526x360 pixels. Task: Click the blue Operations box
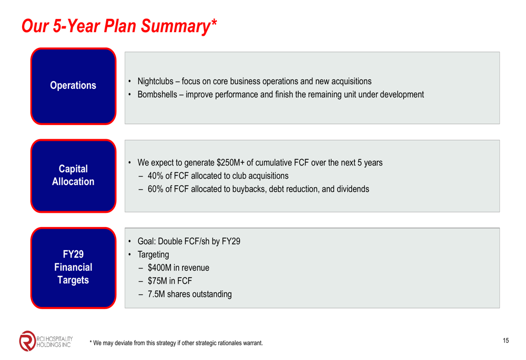[x=73, y=86]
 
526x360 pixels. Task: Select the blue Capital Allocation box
[x=73, y=176]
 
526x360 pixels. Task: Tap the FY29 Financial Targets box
[x=73, y=268]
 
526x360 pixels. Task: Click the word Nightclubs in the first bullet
[x=155, y=81]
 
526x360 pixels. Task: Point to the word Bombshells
[x=157, y=95]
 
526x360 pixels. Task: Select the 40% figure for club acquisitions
[x=155, y=176]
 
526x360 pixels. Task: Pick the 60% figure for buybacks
[x=155, y=189]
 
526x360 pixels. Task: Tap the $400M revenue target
[x=160, y=268]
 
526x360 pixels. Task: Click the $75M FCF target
[x=157, y=281]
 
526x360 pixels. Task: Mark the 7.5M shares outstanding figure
[x=156, y=294]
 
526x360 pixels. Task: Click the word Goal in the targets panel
[x=147, y=241]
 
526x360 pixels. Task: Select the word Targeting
[x=153, y=255]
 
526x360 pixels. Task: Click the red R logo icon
[x=27, y=341]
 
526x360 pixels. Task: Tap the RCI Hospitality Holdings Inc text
[x=54, y=342]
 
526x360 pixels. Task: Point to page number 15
[x=506, y=341]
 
